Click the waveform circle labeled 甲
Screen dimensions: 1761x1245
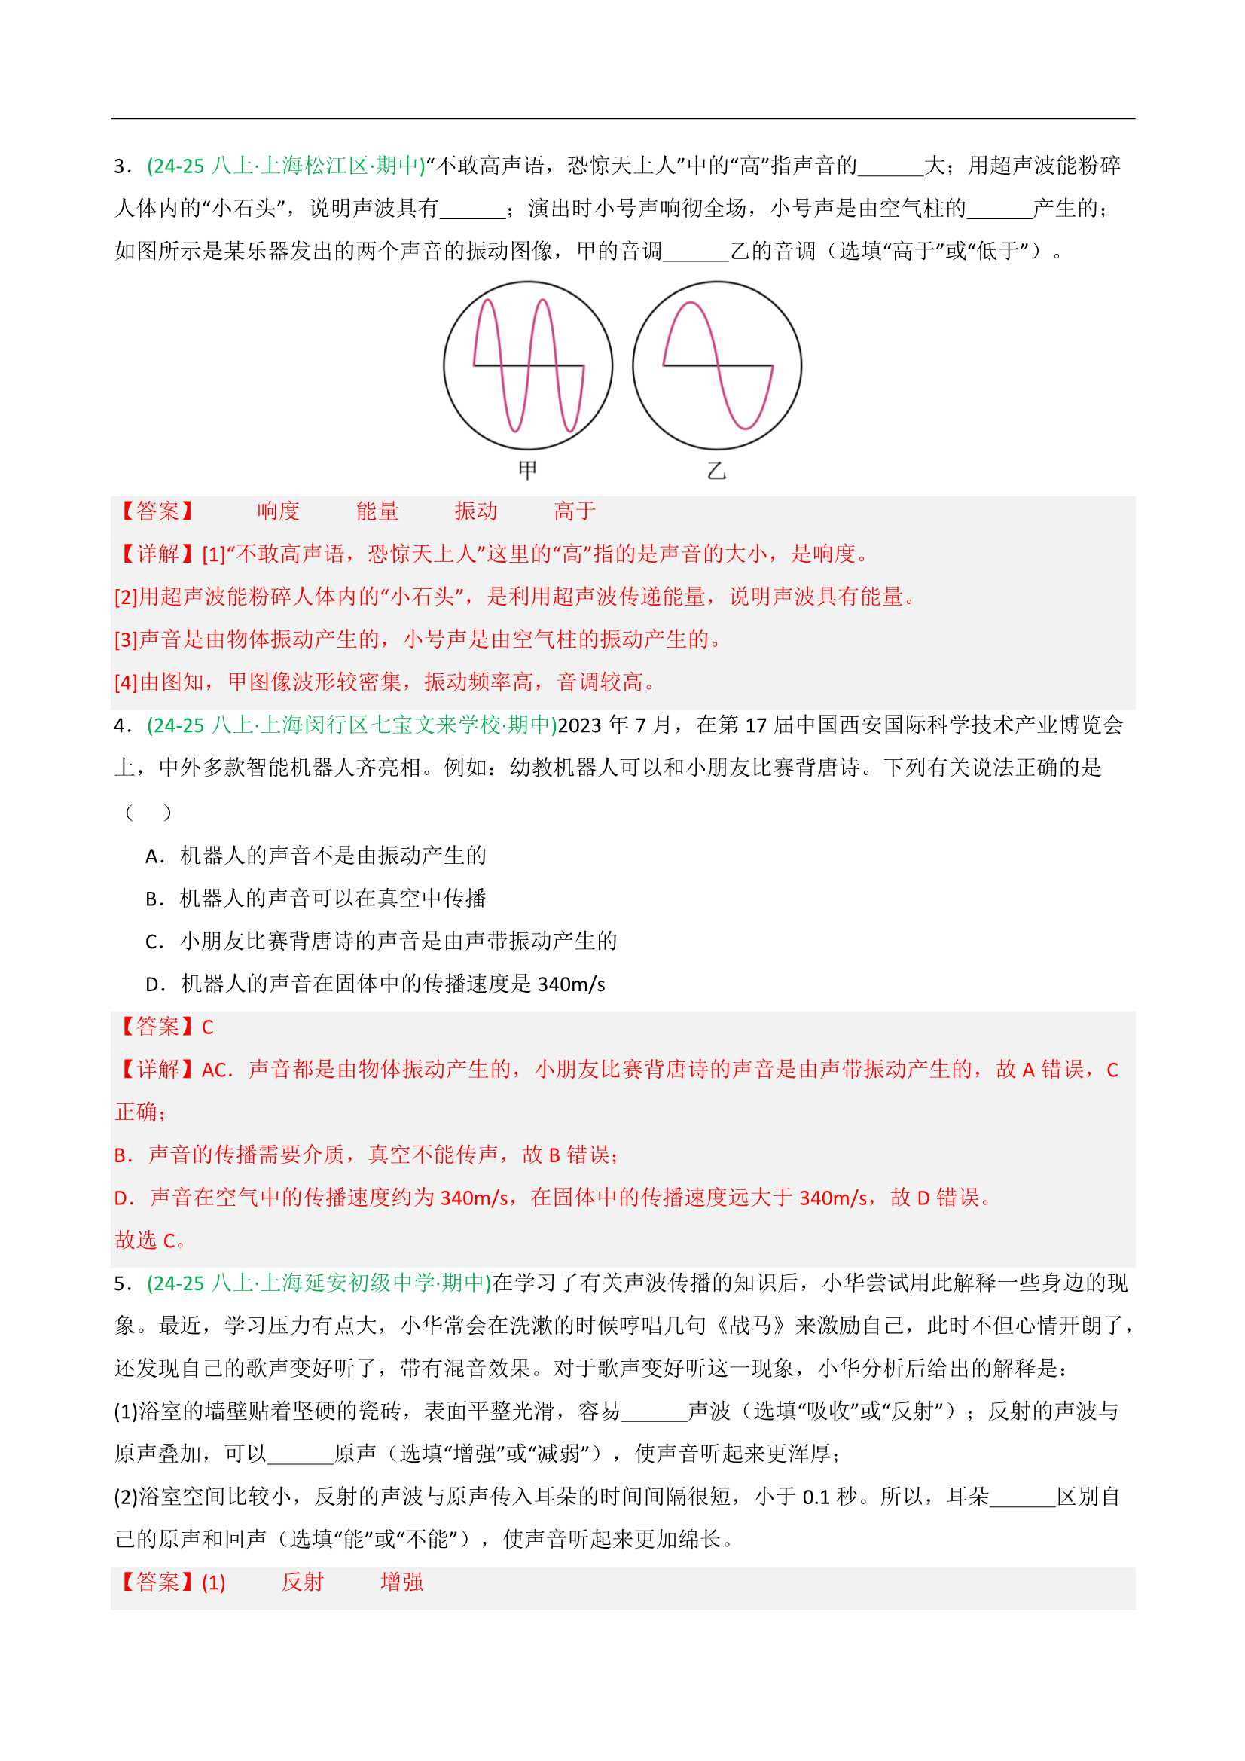pos(528,365)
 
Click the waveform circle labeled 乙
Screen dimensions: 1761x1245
pos(716,365)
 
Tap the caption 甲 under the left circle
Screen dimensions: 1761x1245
pos(528,470)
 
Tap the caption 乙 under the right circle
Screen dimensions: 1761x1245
pos(716,470)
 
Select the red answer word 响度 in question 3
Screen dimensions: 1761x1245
pos(278,511)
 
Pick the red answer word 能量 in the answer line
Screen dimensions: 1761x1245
pos(377,511)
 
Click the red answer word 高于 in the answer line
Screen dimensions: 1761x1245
pos(575,511)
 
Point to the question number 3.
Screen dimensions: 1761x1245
pos(120,166)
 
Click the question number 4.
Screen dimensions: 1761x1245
pos(120,725)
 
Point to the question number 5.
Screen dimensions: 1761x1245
pos(120,1284)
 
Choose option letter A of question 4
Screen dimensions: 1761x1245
pos(153,856)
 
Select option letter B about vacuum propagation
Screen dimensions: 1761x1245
pos(153,899)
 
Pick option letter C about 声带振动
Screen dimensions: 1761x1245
pos(153,942)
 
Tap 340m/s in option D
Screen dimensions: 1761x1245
pos(572,984)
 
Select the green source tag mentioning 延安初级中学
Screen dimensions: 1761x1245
pos(319,1284)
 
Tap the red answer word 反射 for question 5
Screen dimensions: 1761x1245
pos(302,1582)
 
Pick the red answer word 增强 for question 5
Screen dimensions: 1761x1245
pos(401,1582)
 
